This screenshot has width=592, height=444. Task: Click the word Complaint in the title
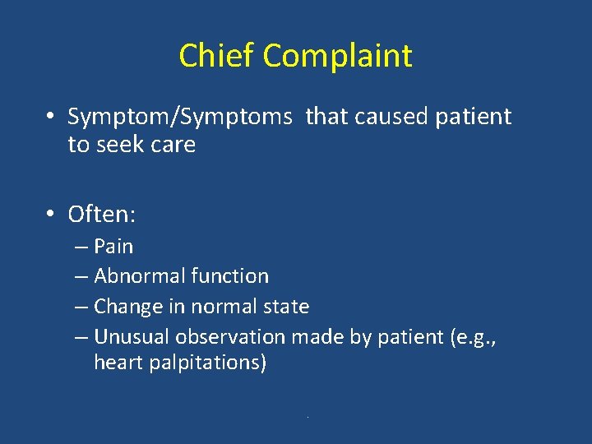pos(338,57)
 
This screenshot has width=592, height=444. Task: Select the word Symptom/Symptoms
pos(179,118)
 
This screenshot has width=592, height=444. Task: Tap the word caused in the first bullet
pos(391,117)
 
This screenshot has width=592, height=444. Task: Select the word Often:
pos(102,215)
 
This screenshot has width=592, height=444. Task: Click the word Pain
pos(113,247)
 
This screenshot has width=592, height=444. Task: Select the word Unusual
pos(130,336)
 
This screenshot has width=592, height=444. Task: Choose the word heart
pos(118,363)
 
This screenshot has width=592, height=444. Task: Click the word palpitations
pos(205,363)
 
